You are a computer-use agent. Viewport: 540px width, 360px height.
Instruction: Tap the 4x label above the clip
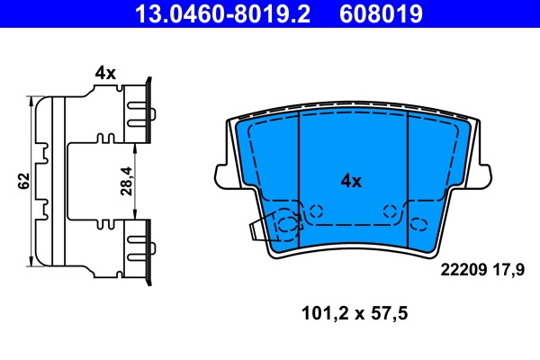(105, 73)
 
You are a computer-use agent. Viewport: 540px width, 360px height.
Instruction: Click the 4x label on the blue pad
(350, 181)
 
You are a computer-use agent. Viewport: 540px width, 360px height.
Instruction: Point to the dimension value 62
(23, 180)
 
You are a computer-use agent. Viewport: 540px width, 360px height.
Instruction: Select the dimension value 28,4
(126, 180)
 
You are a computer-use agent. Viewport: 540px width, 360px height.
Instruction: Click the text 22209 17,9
(482, 267)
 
